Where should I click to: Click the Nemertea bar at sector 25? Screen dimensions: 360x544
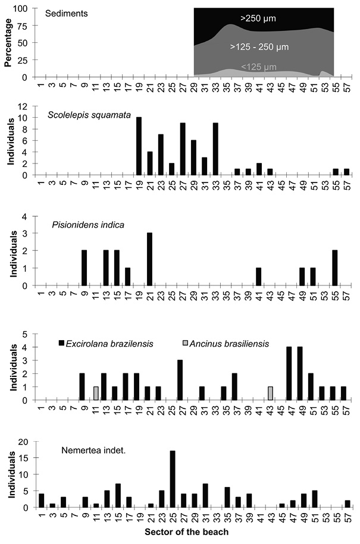[x=173, y=479]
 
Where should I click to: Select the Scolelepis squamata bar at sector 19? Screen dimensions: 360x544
[x=139, y=146]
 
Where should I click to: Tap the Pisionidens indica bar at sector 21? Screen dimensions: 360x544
[x=149, y=259]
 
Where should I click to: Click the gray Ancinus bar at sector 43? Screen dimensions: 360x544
[x=270, y=394]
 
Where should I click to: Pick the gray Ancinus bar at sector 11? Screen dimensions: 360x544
[x=96, y=394]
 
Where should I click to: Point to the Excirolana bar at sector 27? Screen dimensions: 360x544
[x=180, y=380]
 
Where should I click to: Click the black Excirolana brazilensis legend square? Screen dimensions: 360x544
[x=62, y=344]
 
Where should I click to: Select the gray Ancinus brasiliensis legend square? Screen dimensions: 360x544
[x=186, y=344]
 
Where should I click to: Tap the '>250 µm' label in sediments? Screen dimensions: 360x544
[x=258, y=18]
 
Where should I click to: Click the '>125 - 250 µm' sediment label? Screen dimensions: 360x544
[x=259, y=47]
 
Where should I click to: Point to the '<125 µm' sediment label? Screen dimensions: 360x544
[x=259, y=67]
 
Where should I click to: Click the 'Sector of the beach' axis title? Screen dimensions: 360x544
[x=186, y=532]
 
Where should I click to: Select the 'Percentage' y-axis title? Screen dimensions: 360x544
[x=8, y=42]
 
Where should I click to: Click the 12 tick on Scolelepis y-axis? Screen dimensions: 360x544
[x=23, y=106]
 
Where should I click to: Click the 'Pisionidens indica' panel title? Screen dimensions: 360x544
[x=88, y=225]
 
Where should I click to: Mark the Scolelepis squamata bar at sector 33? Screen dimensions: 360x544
[x=215, y=149]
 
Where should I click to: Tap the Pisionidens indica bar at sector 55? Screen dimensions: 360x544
[x=334, y=268]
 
